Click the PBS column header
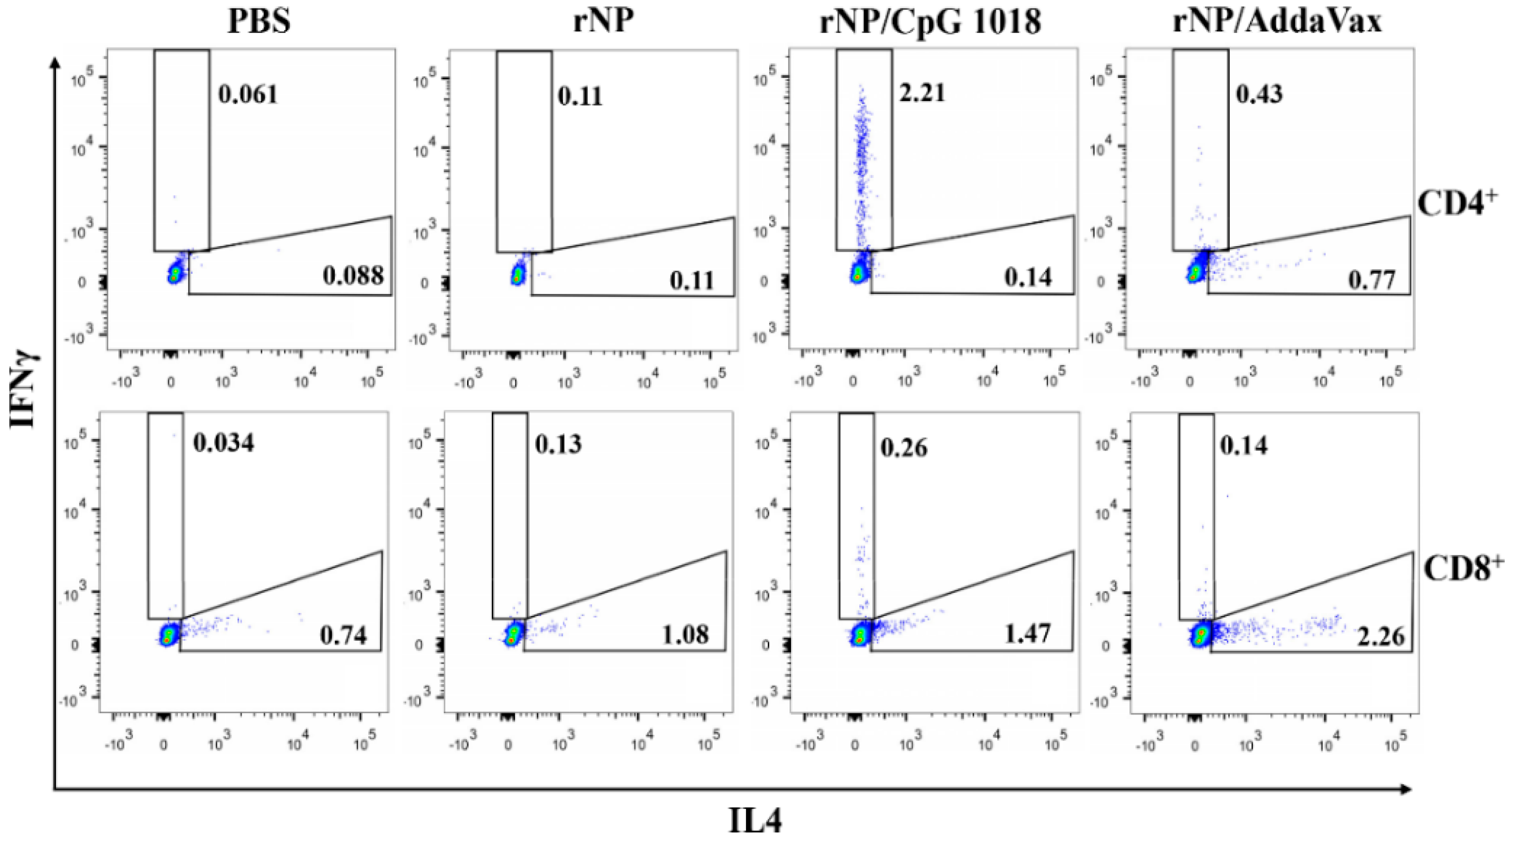pos(259,22)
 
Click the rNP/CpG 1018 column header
pos(931,22)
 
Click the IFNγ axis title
pos(25,388)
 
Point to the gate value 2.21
pos(922,93)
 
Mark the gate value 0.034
pos(223,443)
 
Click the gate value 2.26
pos(1381,637)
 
